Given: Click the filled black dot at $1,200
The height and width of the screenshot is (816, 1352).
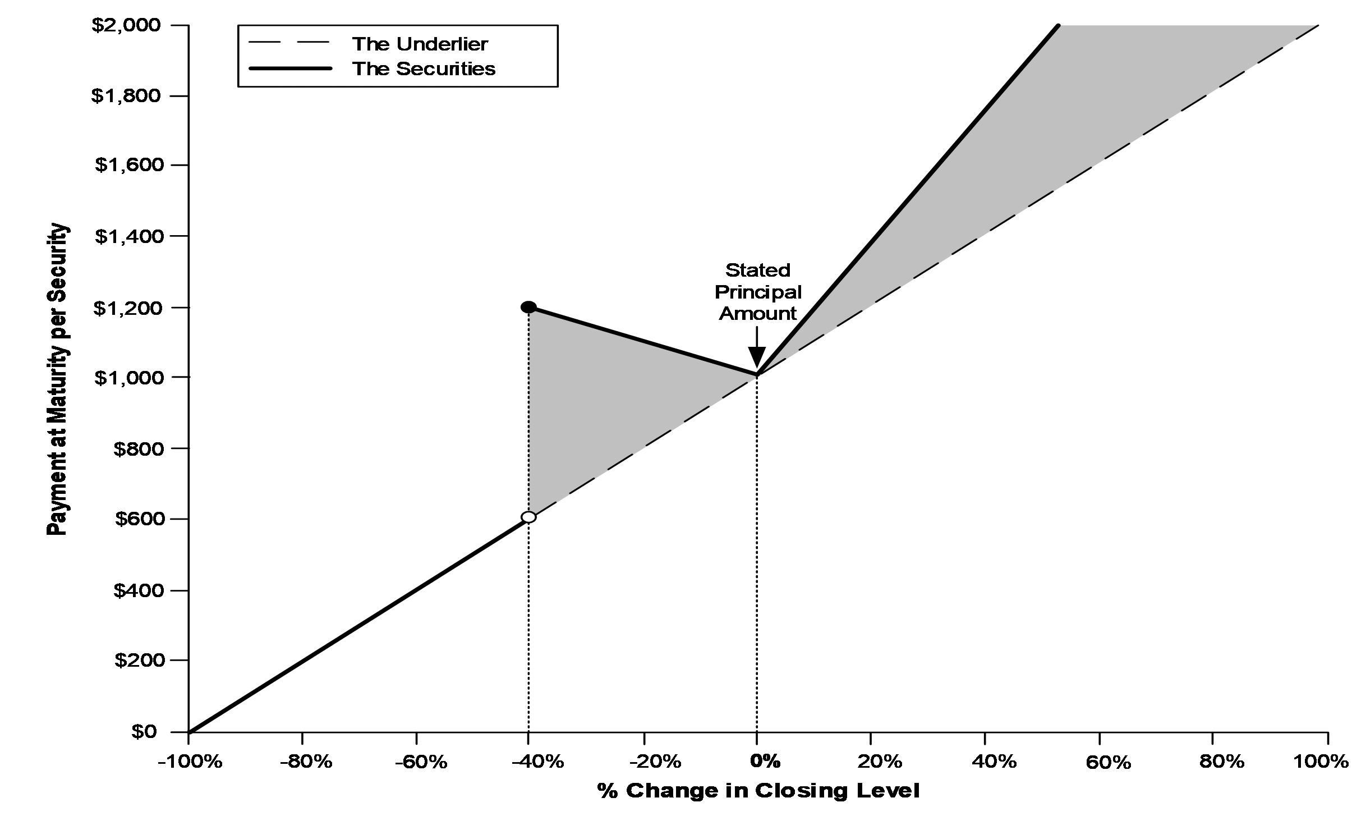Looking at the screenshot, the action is point(528,307).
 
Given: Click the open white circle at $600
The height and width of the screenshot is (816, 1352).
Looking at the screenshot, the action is point(528,517).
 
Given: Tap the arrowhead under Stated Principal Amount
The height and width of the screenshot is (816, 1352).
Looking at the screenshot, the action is point(757,357).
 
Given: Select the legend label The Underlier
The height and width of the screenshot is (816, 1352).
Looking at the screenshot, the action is point(420,44).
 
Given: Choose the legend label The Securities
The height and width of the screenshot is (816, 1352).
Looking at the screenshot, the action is point(424,68).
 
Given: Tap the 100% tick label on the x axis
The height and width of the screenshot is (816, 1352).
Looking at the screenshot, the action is point(1321,762).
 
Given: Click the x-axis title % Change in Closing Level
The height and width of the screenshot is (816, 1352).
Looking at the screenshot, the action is point(758,791).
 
